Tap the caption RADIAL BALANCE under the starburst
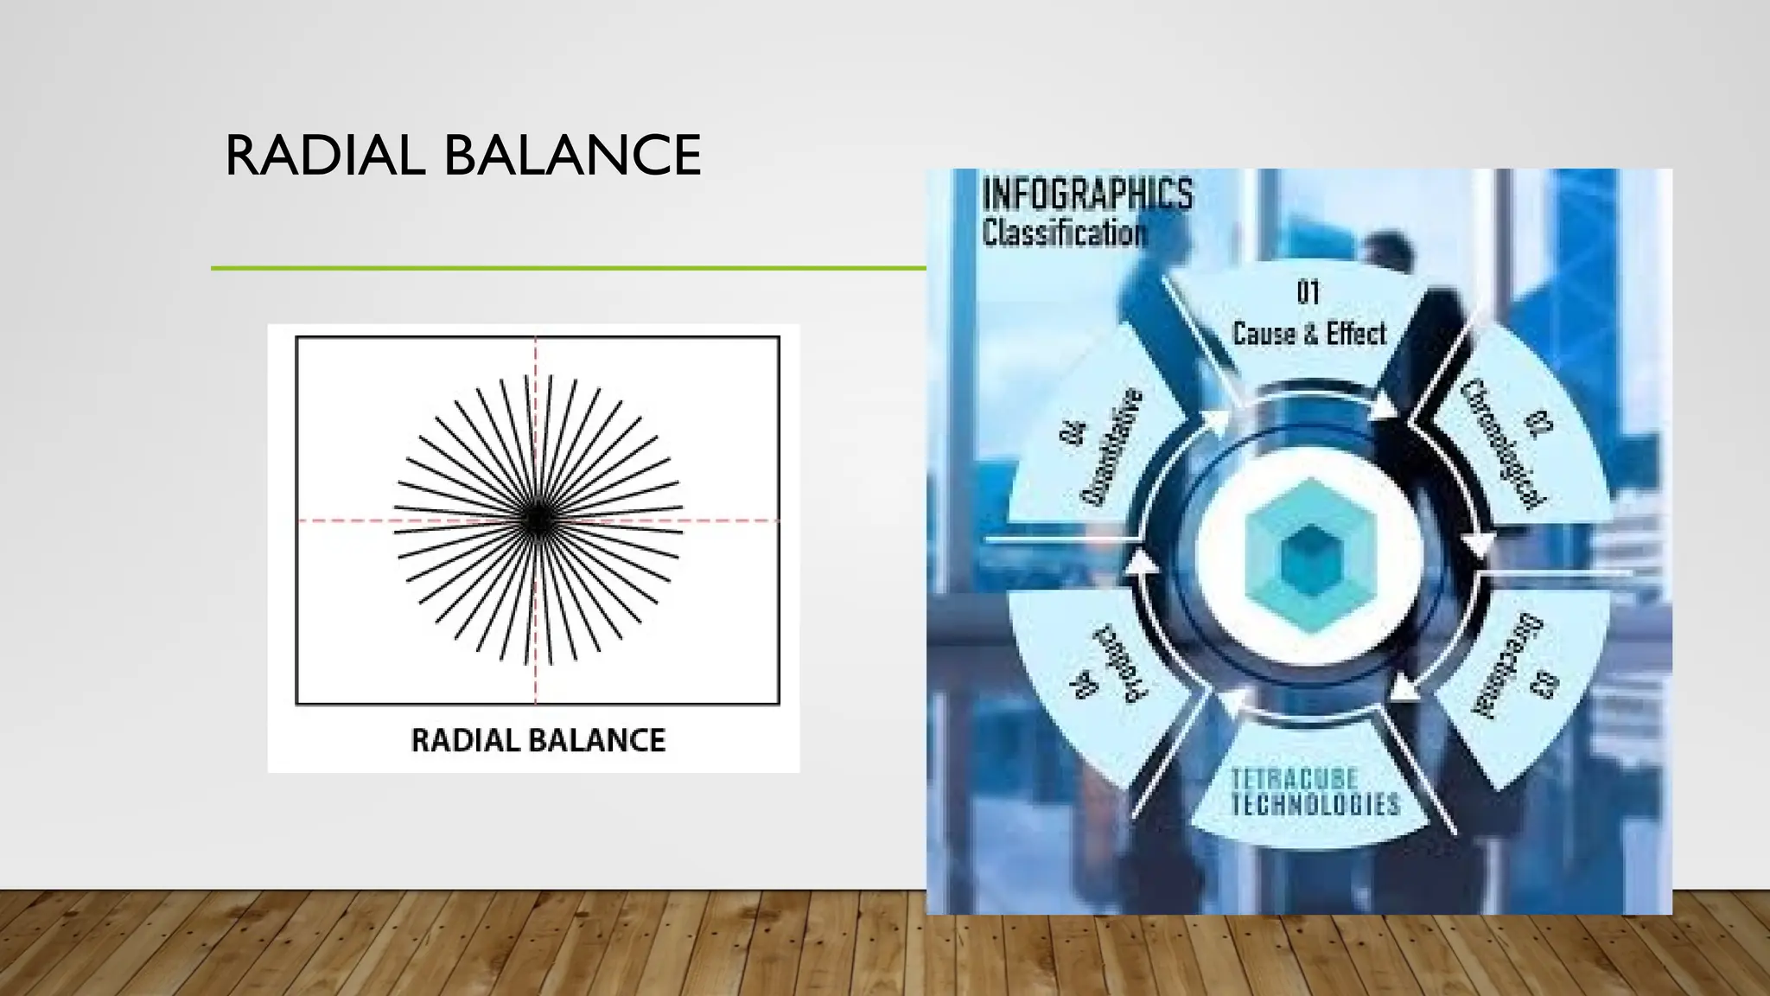[538, 741]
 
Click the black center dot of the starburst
[537, 520]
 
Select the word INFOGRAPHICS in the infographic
[1087, 195]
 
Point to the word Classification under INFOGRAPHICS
[1065, 233]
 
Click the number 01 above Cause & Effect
[1308, 293]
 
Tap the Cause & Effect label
[1308, 334]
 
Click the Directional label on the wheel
[1506, 666]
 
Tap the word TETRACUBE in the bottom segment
[1294, 778]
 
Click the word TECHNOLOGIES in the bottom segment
[1315, 804]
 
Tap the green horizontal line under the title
[568, 268]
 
